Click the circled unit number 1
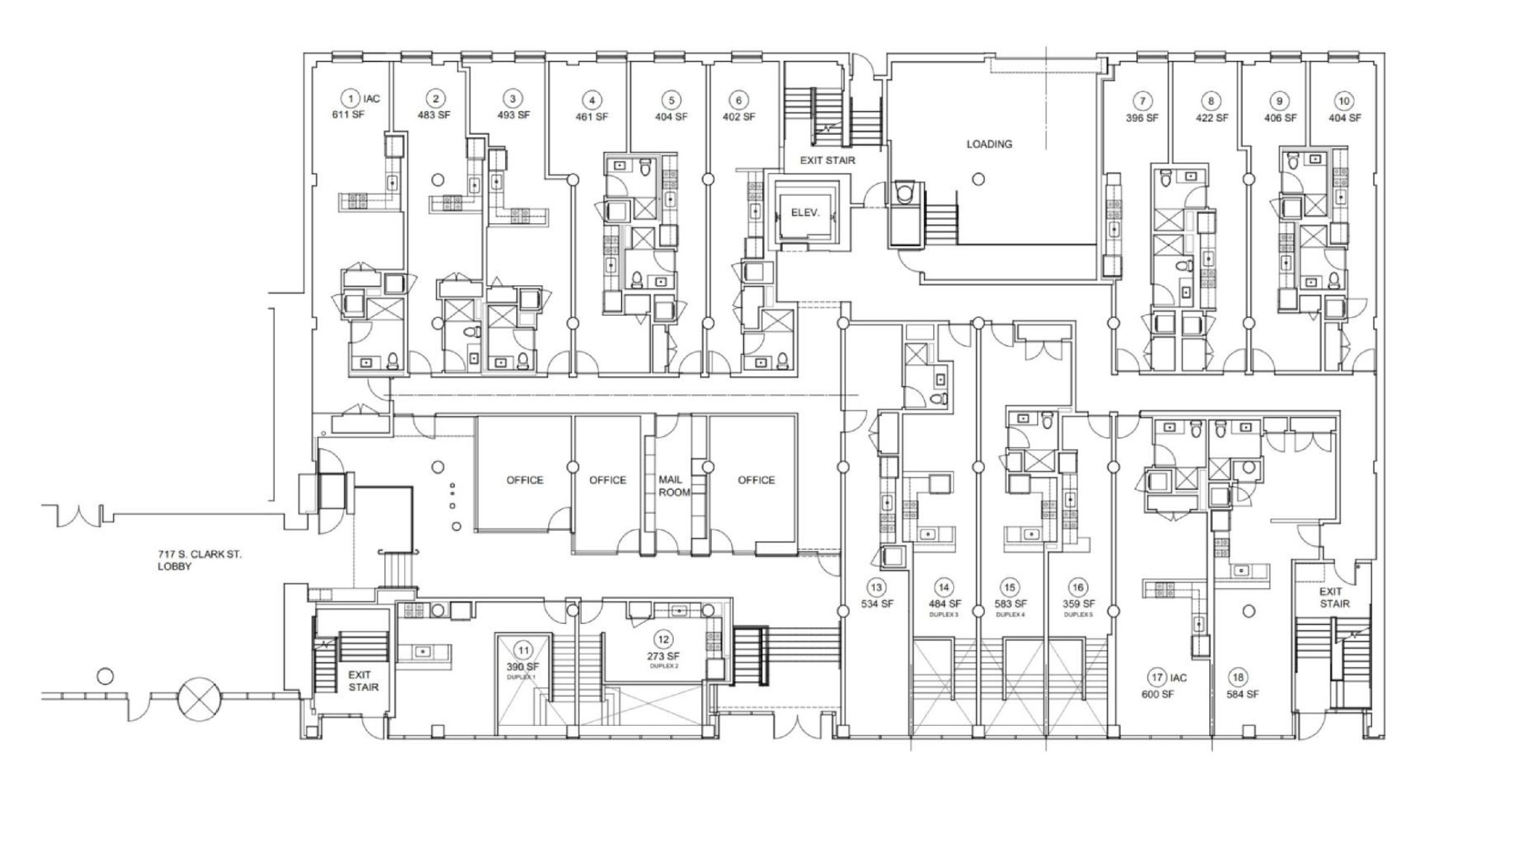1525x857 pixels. click(x=350, y=98)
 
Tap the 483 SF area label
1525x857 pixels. click(x=434, y=115)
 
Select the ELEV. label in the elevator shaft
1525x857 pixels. click(x=805, y=213)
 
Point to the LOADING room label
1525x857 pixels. click(x=989, y=144)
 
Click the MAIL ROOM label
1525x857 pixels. click(x=673, y=486)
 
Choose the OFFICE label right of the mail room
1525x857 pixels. click(x=756, y=480)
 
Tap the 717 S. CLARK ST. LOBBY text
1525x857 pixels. click(x=199, y=560)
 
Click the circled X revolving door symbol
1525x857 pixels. click(x=199, y=698)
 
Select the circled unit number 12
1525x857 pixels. click(x=663, y=640)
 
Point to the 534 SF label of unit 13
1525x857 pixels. click(x=876, y=604)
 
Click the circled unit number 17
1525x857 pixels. click(x=1156, y=678)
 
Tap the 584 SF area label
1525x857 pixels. click(x=1242, y=694)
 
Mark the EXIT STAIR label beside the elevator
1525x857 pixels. click(x=827, y=160)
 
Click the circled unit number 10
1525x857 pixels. click(x=1344, y=101)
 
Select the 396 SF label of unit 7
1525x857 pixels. click(x=1142, y=118)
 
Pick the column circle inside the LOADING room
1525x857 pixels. click(x=978, y=179)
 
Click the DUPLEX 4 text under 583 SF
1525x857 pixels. click(x=1010, y=615)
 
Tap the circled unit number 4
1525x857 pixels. click(x=591, y=101)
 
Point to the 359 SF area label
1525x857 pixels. click(x=1078, y=604)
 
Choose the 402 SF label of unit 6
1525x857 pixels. click(x=738, y=117)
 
